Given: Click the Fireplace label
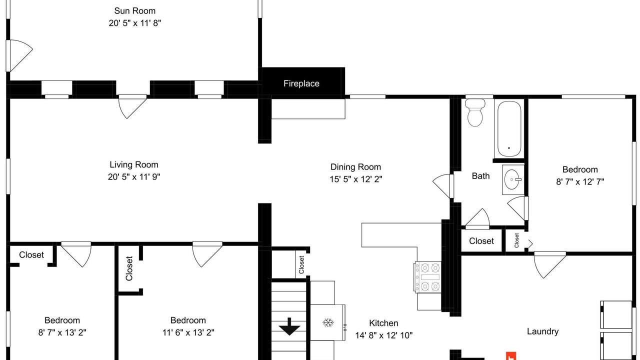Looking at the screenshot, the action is click(x=301, y=83).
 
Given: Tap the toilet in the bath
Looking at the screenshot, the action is click(x=475, y=112).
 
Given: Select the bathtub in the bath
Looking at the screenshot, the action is click(x=509, y=128).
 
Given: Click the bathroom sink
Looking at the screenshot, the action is click(x=513, y=179).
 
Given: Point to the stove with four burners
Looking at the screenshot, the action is click(x=427, y=276).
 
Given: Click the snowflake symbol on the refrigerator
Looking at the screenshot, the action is click(x=328, y=323).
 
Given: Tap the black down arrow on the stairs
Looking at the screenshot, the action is click(x=289, y=326).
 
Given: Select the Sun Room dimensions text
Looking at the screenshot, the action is click(x=135, y=23).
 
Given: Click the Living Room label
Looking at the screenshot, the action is click(x=133, y=164).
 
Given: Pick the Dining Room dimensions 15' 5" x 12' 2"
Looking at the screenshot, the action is click(x=355, y=179).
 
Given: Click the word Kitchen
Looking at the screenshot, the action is click(x=383, y=323).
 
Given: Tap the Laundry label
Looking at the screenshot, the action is click(x=542, y=331).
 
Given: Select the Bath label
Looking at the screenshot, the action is click(x=480, y=176).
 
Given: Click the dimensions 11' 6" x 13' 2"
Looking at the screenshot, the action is click(x=188, y=332).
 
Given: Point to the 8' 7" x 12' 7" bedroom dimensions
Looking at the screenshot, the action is click(x=580, y=181).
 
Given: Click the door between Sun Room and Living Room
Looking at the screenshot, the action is click(x=132, y=106).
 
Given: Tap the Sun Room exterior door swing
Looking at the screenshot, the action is click(x=19, y=55).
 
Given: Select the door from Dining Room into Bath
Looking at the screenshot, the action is click(x=443, y=186).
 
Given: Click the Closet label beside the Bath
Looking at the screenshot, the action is click(x=481, y=241).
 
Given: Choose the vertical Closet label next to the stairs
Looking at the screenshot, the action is click(x=301, y=264).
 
